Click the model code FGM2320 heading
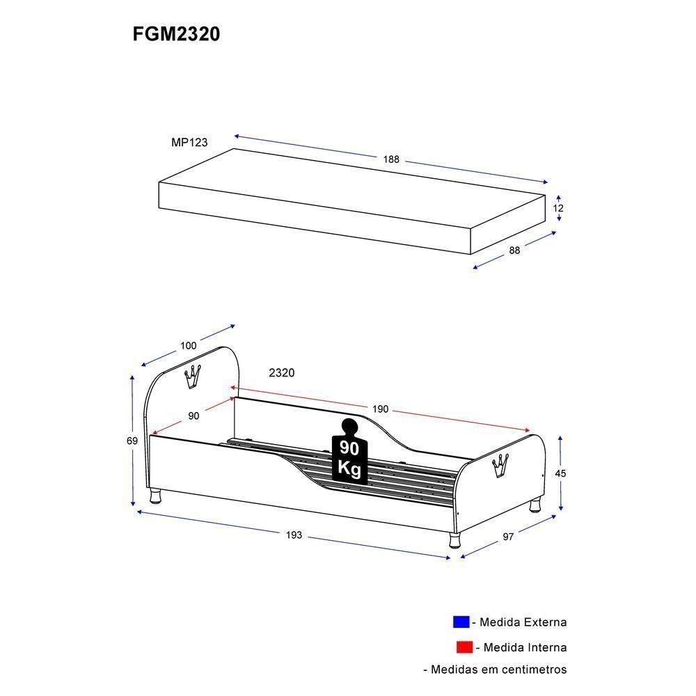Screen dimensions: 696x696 [176, 34]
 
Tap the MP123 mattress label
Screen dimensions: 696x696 [189, 142]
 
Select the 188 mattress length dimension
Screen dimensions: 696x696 [391, 159]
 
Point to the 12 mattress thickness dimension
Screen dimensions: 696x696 [558, 208]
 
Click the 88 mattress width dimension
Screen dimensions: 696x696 [514, 251]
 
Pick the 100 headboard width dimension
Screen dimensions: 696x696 [188, 345]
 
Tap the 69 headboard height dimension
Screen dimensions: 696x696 [132, 441]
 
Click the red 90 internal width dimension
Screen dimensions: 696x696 [193, 416]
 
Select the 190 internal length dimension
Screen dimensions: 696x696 [380, 409]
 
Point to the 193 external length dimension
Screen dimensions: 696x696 [294, 535]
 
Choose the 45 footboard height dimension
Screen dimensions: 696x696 [560, 473]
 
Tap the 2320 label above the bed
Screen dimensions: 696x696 [282, 373]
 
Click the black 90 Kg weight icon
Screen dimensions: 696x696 [349, 452]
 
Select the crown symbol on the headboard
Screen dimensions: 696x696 [192, 377]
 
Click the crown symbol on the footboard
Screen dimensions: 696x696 [499, 464]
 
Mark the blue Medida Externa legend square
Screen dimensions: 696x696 [461, 622]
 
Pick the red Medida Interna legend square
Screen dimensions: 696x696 [464, 647]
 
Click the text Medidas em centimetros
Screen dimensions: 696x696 [495, 670]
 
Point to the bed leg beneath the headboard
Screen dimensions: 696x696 [157, 496]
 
